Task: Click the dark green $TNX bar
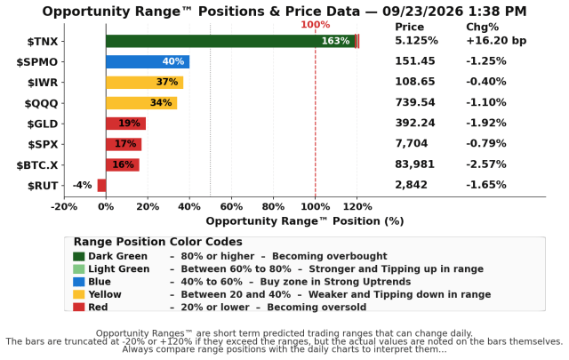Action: point(231,42)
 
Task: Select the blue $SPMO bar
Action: point(148,62)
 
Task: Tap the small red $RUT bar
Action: point(102,186)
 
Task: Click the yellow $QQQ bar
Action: point(141,103)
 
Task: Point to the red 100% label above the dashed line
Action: point(316,25)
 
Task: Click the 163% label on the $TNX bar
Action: point(336,41)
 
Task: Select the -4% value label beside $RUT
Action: point(83,185)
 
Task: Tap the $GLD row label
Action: point(43,124)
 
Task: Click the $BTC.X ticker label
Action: point(37,165)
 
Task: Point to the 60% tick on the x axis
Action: point(231,207)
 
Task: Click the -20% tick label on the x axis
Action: point(64,207)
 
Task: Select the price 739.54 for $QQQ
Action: point(415,102)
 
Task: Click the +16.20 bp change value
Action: point(496,40)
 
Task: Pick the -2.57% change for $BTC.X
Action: point(486,164)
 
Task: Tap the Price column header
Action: point(409,28)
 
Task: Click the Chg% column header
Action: point(483,28)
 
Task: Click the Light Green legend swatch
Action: point(79,269)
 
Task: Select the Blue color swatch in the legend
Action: point(79,282)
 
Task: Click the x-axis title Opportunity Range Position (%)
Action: point(305,221)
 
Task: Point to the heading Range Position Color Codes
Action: point(158,242)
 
